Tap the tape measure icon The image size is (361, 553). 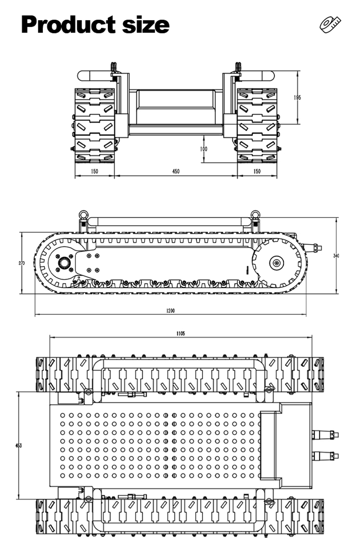click(x=330, y=24)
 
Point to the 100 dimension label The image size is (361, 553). click(x=204, y=149)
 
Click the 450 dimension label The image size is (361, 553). click(x=176, y=172)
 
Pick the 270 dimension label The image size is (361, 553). click(x=22, y=263)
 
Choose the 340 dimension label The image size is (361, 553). click(x=336, y=256)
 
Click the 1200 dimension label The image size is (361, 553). click(x=170, y=311)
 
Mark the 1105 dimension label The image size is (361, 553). click(x=180, y=334)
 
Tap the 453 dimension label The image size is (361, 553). click(x=19, y=446)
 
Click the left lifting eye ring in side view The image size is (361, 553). click(x=83, y=214)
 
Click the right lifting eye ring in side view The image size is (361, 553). click(x=255, y=214)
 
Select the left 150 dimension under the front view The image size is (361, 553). click(x=94, y=172)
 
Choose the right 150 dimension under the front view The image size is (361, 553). click(x=256, y=172)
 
